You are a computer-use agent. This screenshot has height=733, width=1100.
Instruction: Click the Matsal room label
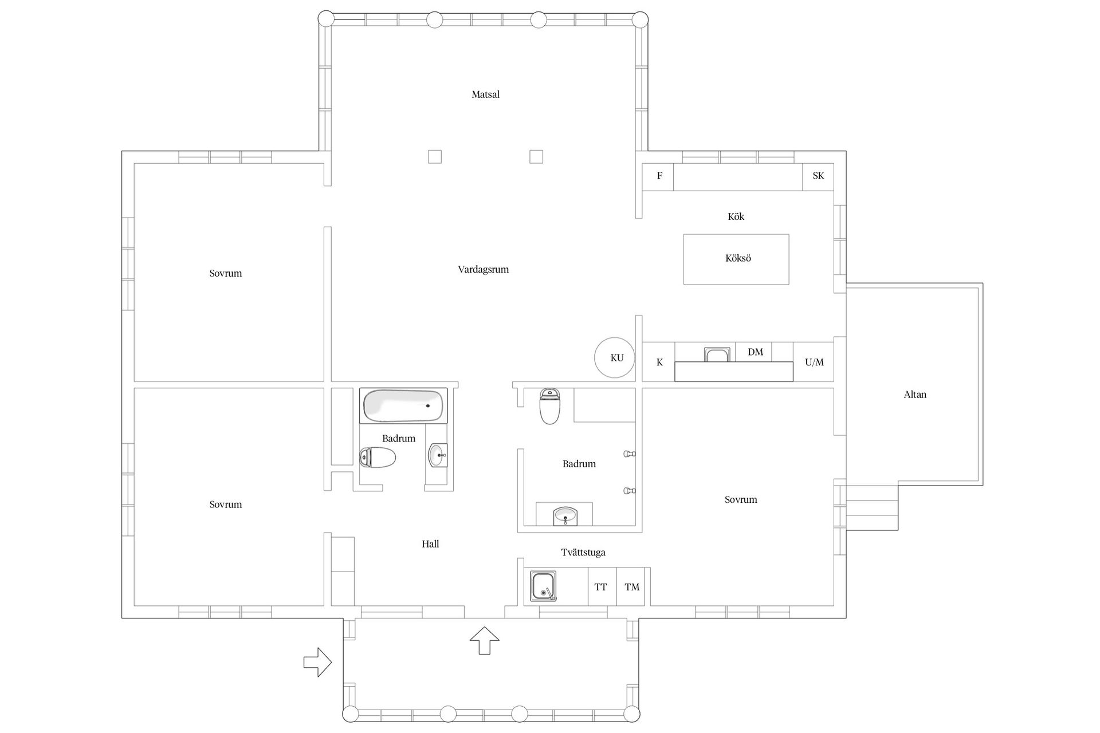click(x=485, y=94)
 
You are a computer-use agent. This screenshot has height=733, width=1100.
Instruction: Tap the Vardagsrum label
click(x=483, y=269)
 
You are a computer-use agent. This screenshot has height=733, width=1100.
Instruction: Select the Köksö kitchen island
click(x=736, y=259)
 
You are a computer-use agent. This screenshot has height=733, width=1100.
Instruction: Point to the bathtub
click(x=404, y=405)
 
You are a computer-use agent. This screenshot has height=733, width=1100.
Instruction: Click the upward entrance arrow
click(x=485, y=640)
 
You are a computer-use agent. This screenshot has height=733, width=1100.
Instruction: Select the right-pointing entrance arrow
click(x=317, y=663)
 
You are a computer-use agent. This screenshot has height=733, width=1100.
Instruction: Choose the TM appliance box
click(x=632, y=586)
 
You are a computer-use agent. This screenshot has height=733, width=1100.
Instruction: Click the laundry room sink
click(x=543, y=586)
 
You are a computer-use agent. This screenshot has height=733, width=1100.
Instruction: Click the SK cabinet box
click(x=818, y=176)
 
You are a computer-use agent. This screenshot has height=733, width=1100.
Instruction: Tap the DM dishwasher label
click(x=755, y=352)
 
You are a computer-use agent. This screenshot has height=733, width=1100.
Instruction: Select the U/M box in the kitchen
click(x=814, y=362)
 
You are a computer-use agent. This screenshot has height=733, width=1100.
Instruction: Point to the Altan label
click(x=914, y=395)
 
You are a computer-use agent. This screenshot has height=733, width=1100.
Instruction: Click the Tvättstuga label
click(x=583, y=553)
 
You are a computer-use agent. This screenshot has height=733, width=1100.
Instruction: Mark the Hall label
click(x=430, y=544)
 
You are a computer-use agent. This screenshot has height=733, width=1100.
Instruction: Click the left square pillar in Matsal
click(x=435, y=156)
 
